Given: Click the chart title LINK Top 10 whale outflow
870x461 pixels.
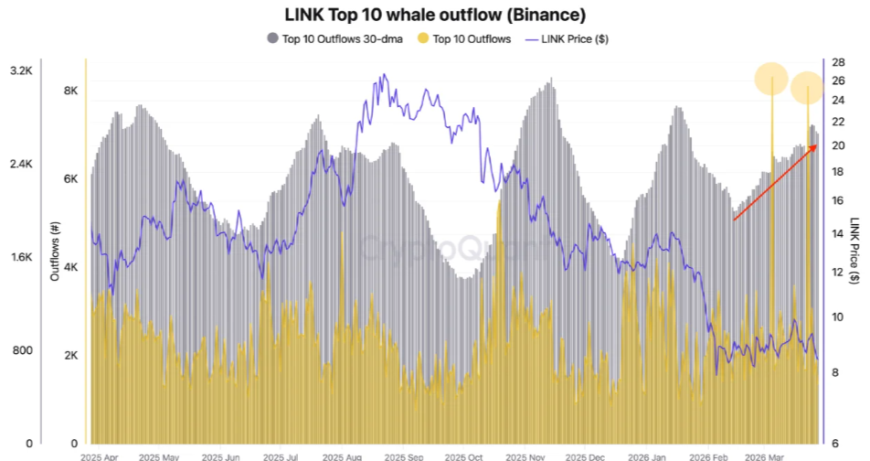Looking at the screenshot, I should coord(434,15).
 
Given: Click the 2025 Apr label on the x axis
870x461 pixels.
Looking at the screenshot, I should coord(99,455).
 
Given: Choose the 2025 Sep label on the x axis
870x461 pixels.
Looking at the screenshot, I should coord(406,455).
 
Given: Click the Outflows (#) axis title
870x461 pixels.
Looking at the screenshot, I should coord(56,251).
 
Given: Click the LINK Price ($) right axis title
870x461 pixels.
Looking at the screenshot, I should coord(855,251).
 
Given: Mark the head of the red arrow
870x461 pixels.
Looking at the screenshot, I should coord(816,145).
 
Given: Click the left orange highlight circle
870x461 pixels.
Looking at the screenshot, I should coord(772,79).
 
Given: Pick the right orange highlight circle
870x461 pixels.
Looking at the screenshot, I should coord(808,89).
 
